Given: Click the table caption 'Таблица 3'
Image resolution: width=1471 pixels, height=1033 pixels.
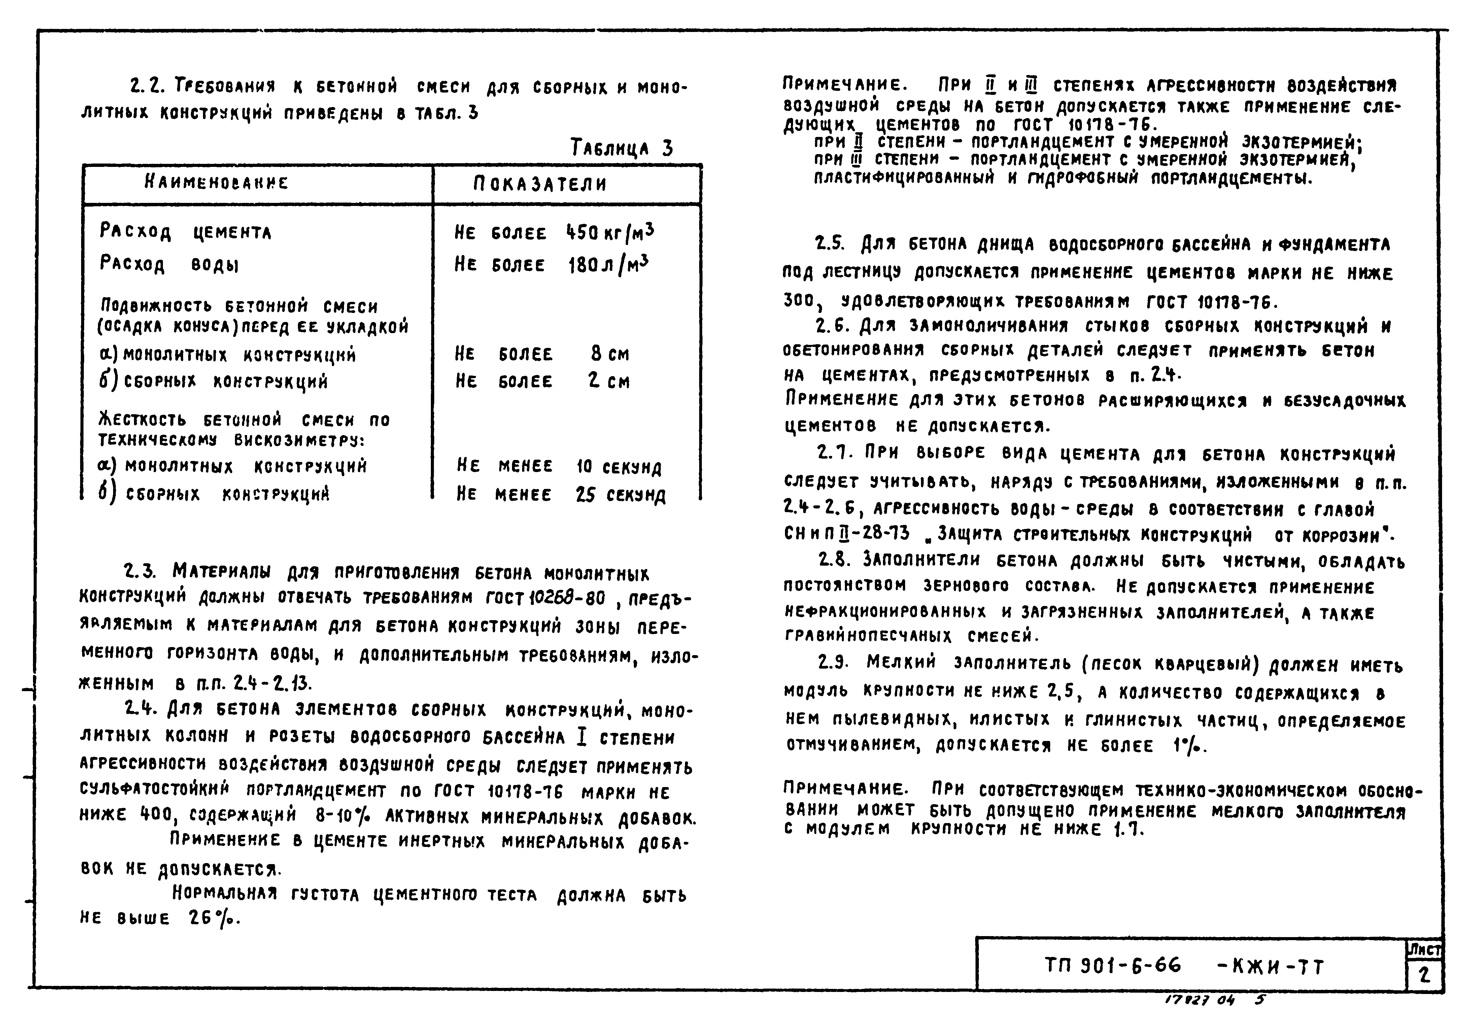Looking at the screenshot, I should pyautogui.click(x=621, y=149).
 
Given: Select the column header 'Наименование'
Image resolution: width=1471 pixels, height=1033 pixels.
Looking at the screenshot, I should pyautogui.click(x=216, y=183).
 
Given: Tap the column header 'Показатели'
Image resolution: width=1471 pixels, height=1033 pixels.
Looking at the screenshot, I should pyautogui.click(x=540, y=184).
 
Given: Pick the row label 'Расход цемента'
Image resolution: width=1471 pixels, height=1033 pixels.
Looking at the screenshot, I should pyautogui.click(x=185, y=232).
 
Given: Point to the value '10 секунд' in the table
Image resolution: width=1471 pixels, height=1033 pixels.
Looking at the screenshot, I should pyautogui.click(x=618, y=467).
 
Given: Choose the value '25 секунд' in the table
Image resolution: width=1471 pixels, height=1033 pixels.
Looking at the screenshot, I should pyautogui.click(x=620, y=495).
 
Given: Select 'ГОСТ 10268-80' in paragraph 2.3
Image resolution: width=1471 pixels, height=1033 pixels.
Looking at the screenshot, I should pyautogui.click(x=545, y=598).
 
